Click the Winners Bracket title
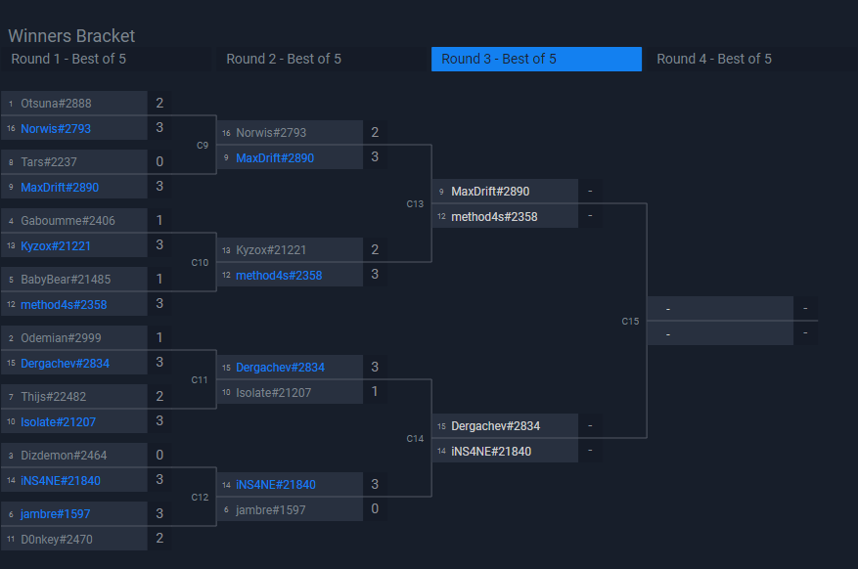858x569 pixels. pyautogui.click(x=71, y=36)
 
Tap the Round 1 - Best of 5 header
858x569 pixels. pyautogui.click(x=68, y=59)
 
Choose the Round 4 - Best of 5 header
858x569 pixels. pyautogui.click(x=713, y=59)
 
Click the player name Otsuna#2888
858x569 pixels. pyautogui.click(x=56, y=103)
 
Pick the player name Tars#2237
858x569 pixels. pyautogui.click(x=49, y=161)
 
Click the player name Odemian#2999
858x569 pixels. pyautogui.click(x=61, y=337)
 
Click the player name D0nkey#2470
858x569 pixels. pyautogui.click(x=56, y=539)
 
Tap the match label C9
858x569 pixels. pyautogui.click(x=203, y=146)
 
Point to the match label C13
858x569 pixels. pyautogui.click(x=415, y=204)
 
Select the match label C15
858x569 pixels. pyautogui.click(x=630, y=322)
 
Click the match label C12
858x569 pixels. pyautogui.click(x=200, y=498)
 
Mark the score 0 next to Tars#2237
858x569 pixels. pyautogui.click(x=159, y=161)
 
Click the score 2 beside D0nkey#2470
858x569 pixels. pyautogui.click(x=159, y=539)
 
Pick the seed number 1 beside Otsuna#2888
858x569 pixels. pyautogui.click(x=11, y=103)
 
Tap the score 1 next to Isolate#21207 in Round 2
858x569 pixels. pyautogui.click(x=375, y=392)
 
